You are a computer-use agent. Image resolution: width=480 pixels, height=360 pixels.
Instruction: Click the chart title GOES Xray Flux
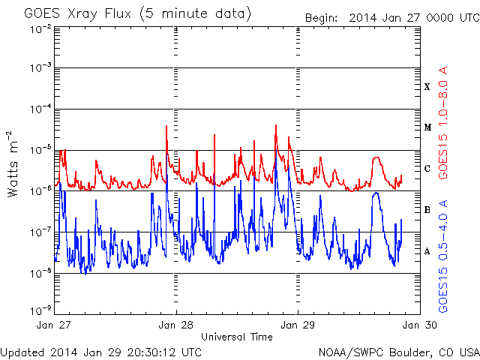(78, 14)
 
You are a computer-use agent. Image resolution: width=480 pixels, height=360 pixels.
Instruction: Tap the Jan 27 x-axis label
(53, 325)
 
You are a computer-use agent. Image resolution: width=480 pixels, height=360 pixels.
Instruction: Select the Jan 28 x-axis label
(175, 325)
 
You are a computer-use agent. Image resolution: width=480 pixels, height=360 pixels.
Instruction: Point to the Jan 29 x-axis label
(298, 325)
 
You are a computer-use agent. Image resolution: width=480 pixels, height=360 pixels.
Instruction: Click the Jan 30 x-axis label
(420, 325)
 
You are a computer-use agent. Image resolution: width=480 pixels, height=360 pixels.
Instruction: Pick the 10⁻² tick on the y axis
(40, 30)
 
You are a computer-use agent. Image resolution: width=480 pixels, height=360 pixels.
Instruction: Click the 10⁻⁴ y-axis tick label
(40, 109)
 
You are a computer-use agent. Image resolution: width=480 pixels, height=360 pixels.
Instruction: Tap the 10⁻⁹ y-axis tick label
(40, 310)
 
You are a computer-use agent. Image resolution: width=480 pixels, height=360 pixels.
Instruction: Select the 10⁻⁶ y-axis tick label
(40, 191)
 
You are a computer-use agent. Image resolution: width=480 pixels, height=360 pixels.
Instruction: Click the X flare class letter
(427, 87)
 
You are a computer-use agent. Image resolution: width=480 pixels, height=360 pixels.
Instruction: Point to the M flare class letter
(427, 127)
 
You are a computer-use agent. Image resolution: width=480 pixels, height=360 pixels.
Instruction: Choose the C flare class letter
(427, 169)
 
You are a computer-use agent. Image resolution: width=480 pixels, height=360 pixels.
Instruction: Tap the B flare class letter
(427, 210)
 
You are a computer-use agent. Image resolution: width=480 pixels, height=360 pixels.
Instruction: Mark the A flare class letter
(427, 251)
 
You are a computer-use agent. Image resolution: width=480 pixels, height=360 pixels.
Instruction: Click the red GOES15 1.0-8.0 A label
(443, 123)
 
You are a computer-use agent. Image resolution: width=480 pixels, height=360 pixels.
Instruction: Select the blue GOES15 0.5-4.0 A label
(443, 256)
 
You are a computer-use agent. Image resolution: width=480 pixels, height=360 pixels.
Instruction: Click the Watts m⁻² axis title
(13, 164)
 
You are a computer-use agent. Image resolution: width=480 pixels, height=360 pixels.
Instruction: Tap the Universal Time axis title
(237, 337)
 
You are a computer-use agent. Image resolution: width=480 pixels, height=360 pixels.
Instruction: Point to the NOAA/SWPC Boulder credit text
(399, 352)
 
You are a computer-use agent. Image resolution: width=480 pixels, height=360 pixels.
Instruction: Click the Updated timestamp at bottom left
(101, 352)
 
